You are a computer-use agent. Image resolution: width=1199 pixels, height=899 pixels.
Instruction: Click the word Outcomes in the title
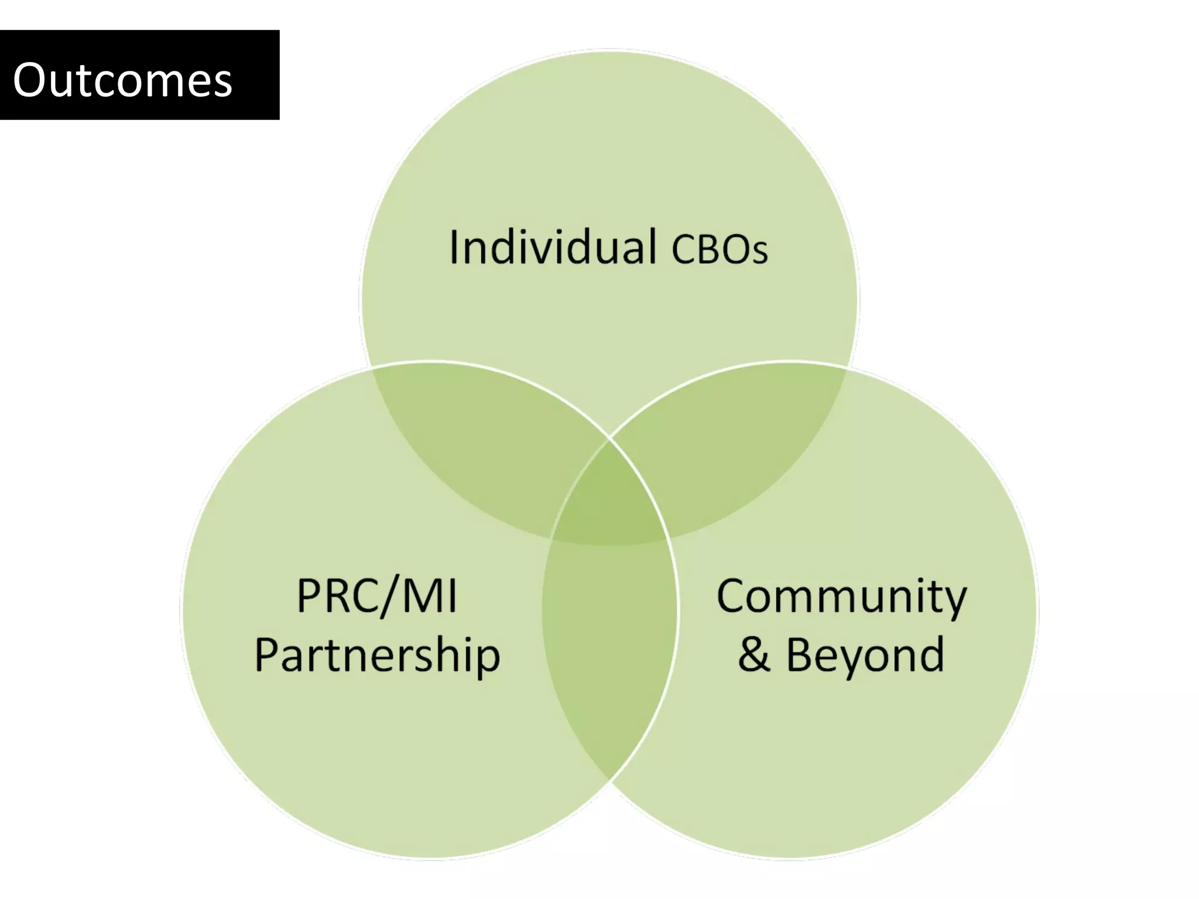[x=122, y=80]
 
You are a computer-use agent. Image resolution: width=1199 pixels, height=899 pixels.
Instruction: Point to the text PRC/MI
[x=377, y=596]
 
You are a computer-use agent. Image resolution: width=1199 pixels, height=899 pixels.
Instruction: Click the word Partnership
[x=377, y=656]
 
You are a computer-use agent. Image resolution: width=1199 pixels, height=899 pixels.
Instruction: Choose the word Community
[x=841, y=598]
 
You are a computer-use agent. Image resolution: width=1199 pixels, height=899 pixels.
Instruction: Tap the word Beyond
[x=865, y=656]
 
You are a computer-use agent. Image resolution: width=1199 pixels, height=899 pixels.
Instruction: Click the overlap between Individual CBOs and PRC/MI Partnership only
[x=480, y=445]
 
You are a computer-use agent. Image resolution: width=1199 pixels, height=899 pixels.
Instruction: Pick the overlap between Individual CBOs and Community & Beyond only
[x=738, y=445]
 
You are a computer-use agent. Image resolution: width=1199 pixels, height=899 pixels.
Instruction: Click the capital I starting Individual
[x=454, y=248]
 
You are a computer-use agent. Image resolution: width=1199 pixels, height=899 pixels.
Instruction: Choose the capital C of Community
[x=732, y=596]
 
